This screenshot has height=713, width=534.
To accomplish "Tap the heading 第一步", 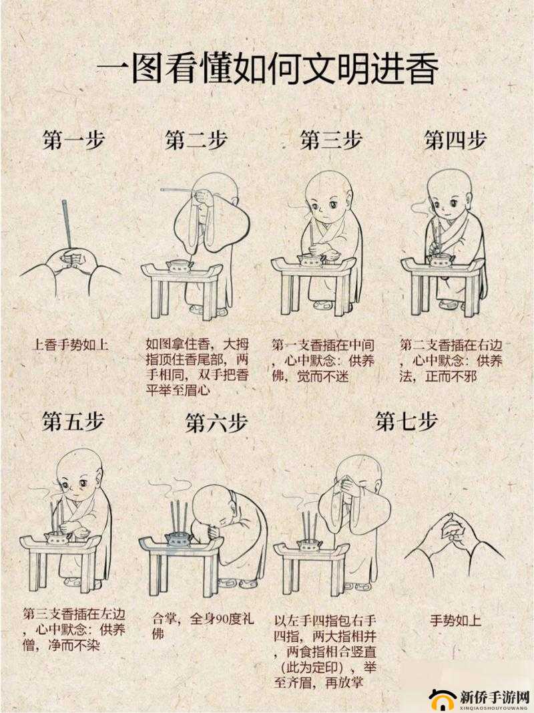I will coord(73,140).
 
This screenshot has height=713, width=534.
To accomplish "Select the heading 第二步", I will coord(196,140).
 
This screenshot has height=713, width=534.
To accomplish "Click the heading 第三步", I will coord(331,140).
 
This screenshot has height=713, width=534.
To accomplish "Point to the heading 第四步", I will coord(455,140).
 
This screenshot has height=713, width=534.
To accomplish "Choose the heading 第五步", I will coord(73,422).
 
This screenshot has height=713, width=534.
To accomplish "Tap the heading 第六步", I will coord(216,423).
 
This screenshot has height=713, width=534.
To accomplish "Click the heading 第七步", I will coord(406,422).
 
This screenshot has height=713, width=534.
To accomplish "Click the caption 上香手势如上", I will coord(70,345).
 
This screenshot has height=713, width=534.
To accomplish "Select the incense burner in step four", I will coord(441,261).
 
